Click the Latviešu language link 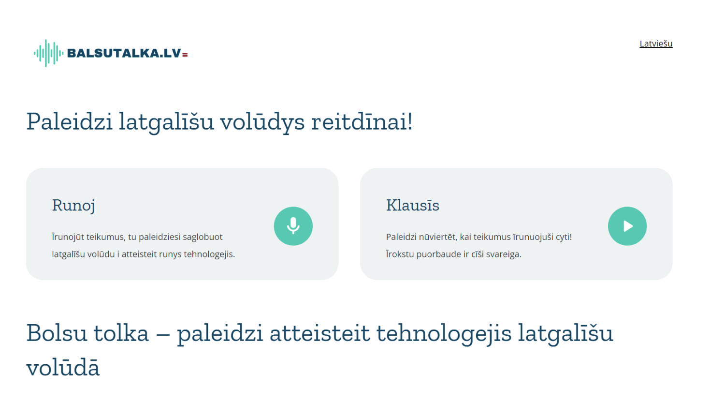click(656, 44)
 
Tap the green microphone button click(293, 226)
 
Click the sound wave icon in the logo click(48, 53)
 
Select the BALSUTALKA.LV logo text click(124, 53)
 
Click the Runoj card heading click(73, 206)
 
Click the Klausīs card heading click(412, 206)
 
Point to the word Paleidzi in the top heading click(69, 121)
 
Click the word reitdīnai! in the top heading click(362, 121)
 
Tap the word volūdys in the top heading click(262, 121)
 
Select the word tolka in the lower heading click(121, 333)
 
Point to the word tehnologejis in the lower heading click(444, 333)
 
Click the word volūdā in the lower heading click(63, 368)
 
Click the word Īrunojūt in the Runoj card click(67, 237)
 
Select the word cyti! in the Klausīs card click(564, 237)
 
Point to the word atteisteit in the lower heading click(319, 333)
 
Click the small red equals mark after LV click(185, 55)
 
